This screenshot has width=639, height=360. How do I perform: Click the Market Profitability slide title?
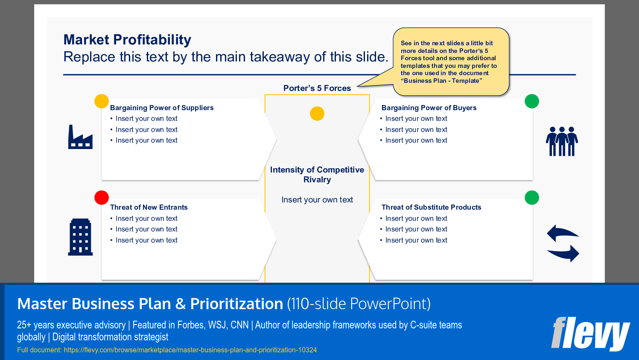(127, 40)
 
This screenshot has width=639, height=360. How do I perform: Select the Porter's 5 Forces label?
(317, 88)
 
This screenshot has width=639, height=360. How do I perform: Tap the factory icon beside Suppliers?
(80, 137)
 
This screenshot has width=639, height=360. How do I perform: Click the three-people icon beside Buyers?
(562, 141)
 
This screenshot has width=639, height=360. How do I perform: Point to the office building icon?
(80, 237)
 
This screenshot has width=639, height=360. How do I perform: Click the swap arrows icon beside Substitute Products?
(563, 243)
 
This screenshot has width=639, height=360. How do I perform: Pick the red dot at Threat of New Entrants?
(102, 198)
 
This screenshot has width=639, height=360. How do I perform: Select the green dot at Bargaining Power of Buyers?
(532, 101)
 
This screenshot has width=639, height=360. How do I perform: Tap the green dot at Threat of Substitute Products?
(532, 198)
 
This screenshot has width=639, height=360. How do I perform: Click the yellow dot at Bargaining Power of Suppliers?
(102, 101)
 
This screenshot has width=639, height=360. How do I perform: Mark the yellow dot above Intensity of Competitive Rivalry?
(317, 114)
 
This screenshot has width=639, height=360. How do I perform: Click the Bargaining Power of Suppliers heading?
(162, 108)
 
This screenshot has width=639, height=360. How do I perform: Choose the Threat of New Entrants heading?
(149, 207)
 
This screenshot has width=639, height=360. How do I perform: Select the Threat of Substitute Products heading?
(431, 207)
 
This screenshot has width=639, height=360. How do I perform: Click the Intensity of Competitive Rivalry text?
(317, 175)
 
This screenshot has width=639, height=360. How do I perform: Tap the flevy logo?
(590, 334)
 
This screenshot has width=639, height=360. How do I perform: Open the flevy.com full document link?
(190, 350)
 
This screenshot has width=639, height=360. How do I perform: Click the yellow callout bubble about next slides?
(450, 62)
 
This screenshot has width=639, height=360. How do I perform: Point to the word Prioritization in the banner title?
(236, 304)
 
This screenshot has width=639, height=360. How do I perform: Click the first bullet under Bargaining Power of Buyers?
(416, 119)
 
